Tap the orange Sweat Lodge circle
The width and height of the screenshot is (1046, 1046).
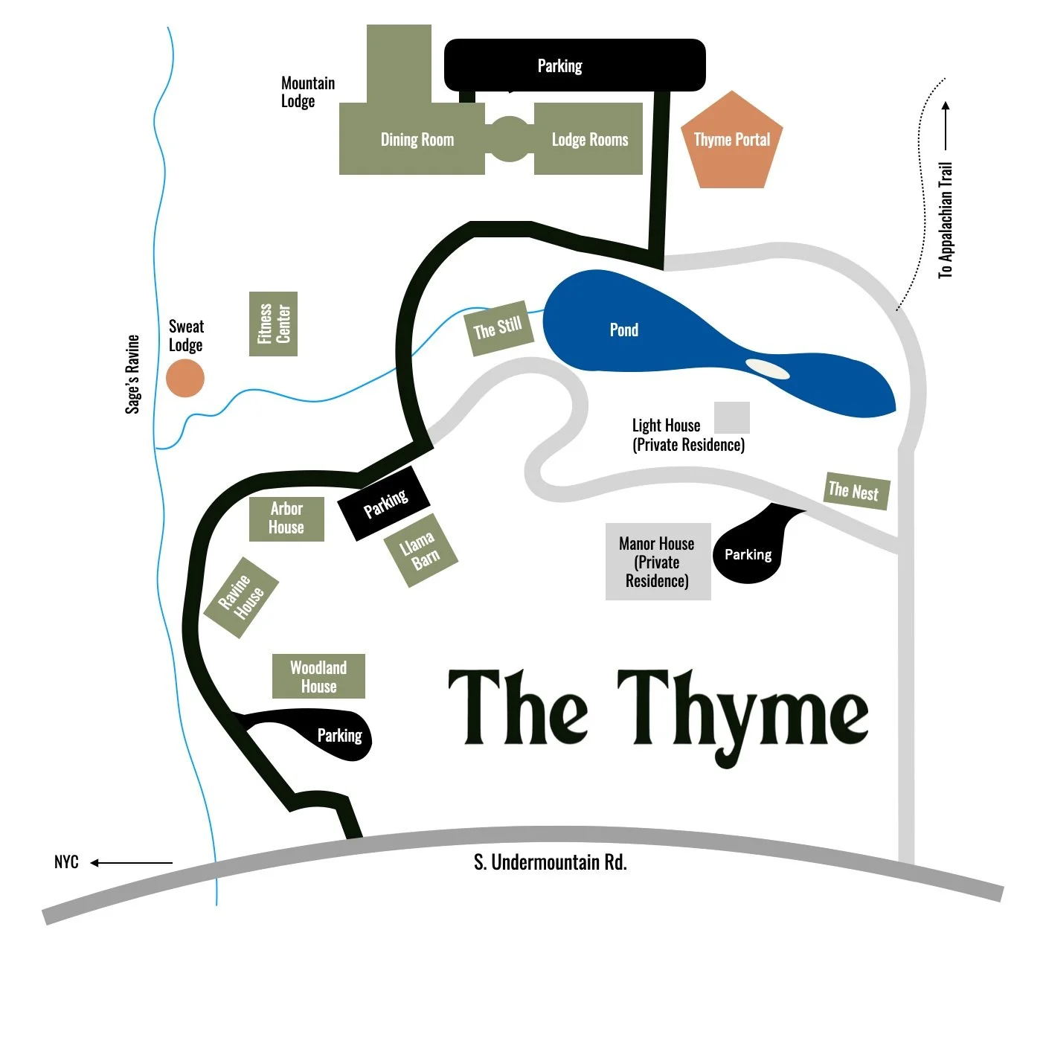point(185,378)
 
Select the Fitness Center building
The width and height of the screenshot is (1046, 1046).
point(273,324)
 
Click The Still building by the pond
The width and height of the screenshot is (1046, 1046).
point(498,328)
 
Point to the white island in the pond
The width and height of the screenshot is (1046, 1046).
point(767,369)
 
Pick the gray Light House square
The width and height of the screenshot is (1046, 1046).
point(731,417)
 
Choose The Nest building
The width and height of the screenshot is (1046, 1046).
point(856,491)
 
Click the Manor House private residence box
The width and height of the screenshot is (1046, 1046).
point(658,562)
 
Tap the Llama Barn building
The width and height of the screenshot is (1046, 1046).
point(420,551)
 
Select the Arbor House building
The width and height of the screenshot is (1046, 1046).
point(286,519)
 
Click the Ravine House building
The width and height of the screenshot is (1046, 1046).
point(241,597)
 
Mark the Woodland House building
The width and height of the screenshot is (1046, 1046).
point(318,676)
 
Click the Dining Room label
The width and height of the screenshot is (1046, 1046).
point(417,140)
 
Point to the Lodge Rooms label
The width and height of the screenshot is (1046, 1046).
point(589,140)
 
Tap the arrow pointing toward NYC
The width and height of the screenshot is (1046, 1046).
point(131,863)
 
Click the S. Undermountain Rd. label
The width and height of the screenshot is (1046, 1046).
point(551,862)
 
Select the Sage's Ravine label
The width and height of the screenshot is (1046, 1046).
point(132,374)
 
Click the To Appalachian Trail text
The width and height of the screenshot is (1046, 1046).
point(945,220)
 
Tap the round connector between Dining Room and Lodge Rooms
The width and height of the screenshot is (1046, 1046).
point(510,139)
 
